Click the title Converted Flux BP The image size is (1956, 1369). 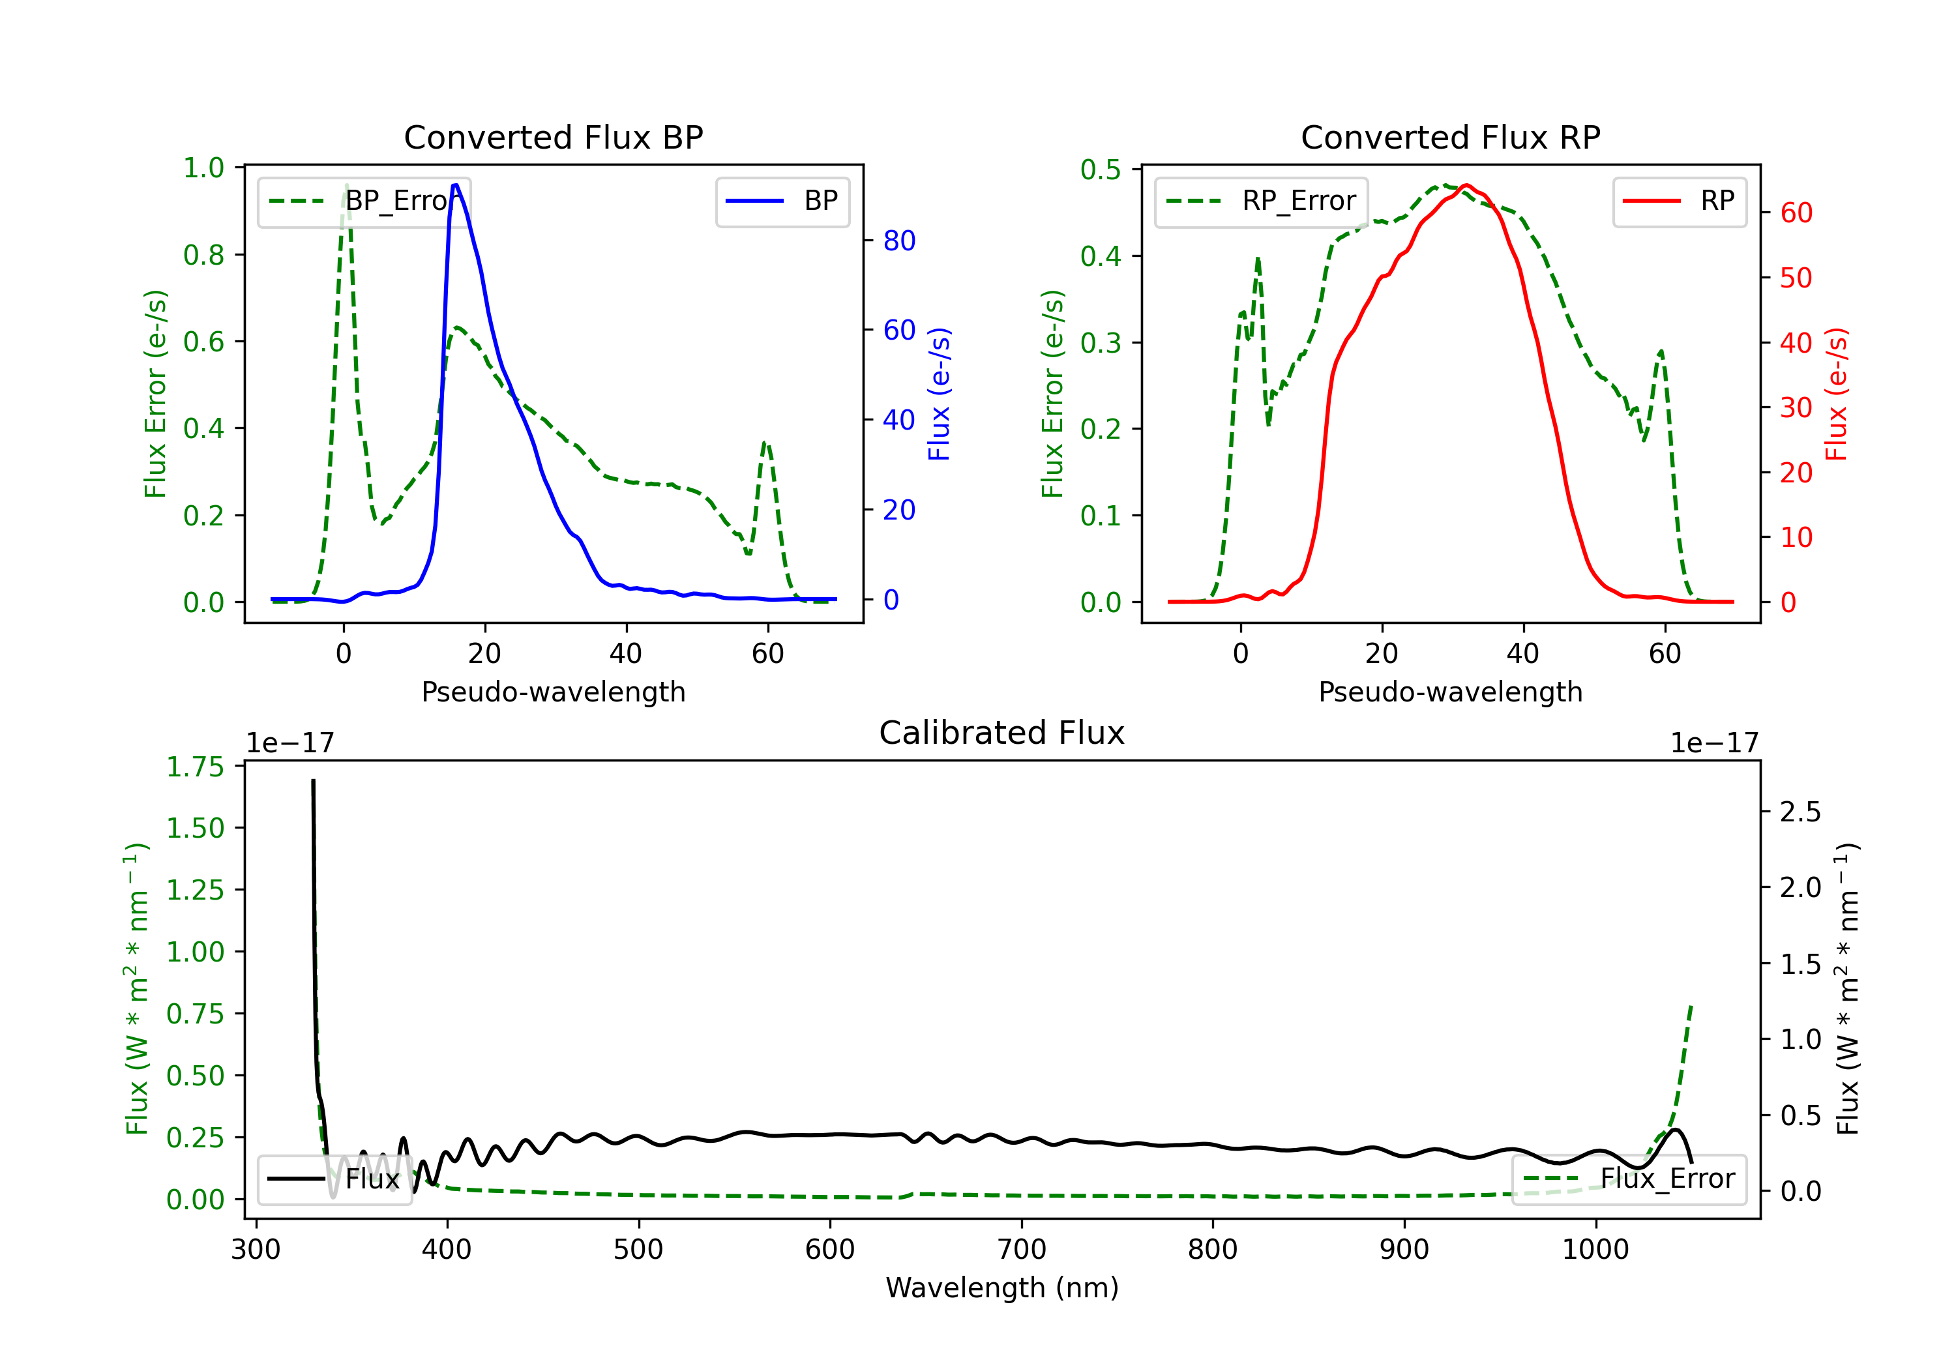[553, 137]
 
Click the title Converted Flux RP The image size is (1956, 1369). [1450, 137]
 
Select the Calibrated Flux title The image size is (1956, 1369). [1002, 733]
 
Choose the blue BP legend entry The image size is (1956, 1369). [782, 201]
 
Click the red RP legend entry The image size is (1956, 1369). [1678, 201]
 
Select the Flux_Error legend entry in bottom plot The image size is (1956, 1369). [1628, 1179]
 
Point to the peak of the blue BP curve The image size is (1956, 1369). [456, 185]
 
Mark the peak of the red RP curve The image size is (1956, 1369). [1465, 185]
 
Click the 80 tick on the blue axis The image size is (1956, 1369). [898, 241]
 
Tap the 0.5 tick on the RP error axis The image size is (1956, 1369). [1100, 169]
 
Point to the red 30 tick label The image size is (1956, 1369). [1796, 408]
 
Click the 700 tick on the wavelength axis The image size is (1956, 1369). [1022, 1250]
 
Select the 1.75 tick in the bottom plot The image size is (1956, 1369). [194, 767]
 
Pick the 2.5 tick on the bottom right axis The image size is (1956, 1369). [1800, 812]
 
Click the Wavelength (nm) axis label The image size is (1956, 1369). [1002, 1288]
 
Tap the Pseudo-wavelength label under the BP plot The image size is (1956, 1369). [554, 692]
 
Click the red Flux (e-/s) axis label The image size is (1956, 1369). [1837, 394]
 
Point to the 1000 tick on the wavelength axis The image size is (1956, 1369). [1595, 1250]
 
